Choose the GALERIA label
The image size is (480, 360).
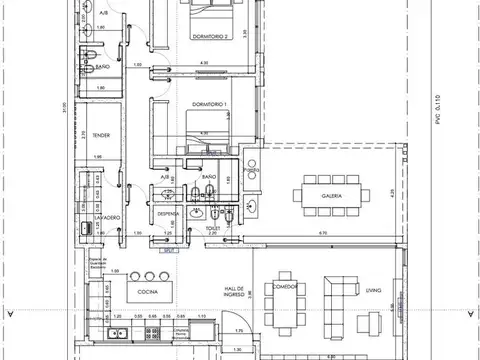(332, 196)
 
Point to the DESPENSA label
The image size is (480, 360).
(167, 212)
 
